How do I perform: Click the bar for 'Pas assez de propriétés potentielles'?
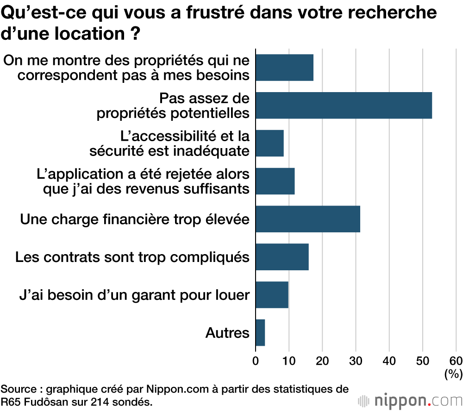pos(344,106)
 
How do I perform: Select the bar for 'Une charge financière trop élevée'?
pos(307,219)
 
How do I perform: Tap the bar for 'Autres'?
pos(260,333)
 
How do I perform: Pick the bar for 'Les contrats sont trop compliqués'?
pos(282,257)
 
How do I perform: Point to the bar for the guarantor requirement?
pos(272,295)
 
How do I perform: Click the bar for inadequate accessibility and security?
pos(269,143)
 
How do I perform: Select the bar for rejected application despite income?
pos(275,181)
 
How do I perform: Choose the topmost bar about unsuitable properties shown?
pos(284,68)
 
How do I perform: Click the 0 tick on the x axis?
pos(256,361)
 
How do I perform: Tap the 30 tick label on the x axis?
pos(356,361)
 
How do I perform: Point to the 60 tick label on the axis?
pos(456,361)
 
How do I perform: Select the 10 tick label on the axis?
pos(289,361)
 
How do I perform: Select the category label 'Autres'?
pos(227,333)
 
